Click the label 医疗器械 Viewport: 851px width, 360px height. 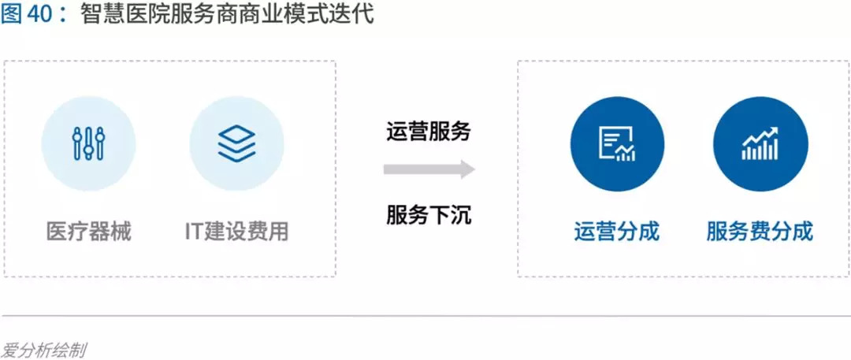click(x=88, y=232)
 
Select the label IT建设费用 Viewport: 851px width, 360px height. click(x=236, y=232)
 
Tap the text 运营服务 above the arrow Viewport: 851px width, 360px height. click(x=429, y=131)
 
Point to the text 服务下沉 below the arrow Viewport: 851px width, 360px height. click(x=429, y=214)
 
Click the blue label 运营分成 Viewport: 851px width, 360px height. click(x=616, y=232)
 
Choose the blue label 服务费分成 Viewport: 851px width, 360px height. click(x=760, y=232)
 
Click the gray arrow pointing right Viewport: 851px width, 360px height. click(x=429, y=169)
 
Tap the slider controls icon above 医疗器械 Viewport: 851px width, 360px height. click(x=88, y=143)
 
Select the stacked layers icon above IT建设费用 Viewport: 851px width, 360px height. click(x=236, y=143)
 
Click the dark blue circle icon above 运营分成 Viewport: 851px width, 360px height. click(x=617, y=143)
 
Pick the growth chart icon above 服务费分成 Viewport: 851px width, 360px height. click(x=760, y=143)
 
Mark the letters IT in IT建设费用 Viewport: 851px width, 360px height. click(x=194, y=232)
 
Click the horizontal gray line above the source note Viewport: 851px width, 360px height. click(x=425, y=316)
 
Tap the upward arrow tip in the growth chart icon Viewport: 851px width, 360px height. click(x=775, y=131)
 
